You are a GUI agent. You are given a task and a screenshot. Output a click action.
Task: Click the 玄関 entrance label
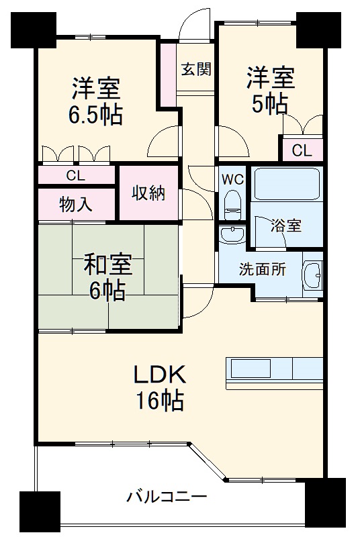pos(196,69)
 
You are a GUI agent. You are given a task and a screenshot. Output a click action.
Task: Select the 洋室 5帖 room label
pos(270,91)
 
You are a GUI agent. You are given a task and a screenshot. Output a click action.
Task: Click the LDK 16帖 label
pos(158,388)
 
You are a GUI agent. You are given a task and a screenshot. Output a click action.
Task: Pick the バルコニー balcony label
pos(167,497)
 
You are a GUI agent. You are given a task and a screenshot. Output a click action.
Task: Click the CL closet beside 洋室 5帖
pos(302,150)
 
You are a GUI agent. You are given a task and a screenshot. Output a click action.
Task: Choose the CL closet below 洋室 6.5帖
pos(75,176)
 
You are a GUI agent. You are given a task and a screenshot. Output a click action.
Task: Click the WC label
pos(232,180)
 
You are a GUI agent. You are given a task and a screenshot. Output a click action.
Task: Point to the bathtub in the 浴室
pos(287,184)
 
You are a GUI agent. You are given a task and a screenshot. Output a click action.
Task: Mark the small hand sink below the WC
pos(232,234)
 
